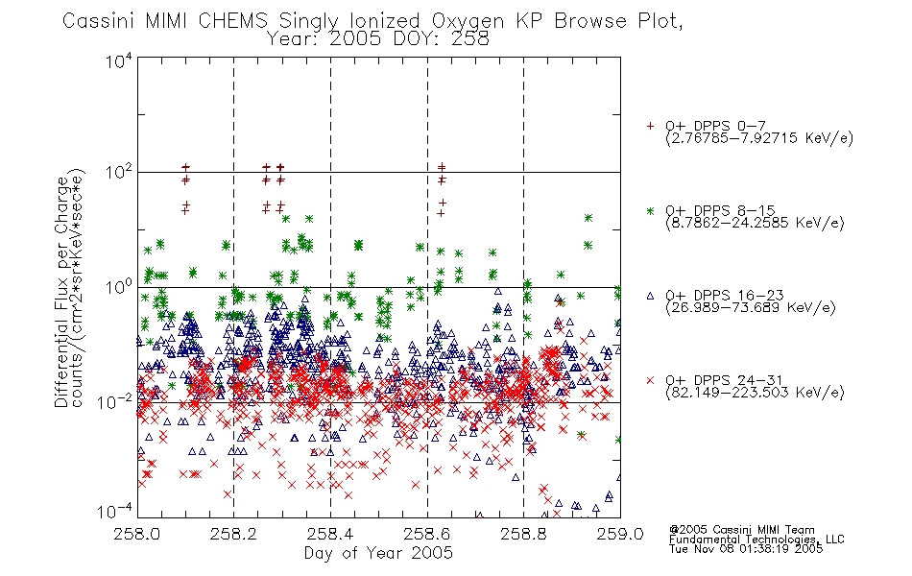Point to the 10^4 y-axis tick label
[119, 60]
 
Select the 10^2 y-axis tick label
[119, 173]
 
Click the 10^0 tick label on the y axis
[119, 287]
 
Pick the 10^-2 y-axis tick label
[115, 401]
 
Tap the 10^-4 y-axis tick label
[115, 512]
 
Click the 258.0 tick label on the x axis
[137, 534]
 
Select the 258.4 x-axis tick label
[330, 534]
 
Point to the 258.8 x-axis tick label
[523, 534]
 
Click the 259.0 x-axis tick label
[620, 534]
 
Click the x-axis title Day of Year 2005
[378, 553]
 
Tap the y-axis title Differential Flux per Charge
[61, 292]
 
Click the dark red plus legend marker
[650, 126]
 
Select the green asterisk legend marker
[650, 210]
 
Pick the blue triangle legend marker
[650, 296]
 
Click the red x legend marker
[650, 380]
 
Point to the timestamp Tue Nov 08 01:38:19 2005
[746, 549]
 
